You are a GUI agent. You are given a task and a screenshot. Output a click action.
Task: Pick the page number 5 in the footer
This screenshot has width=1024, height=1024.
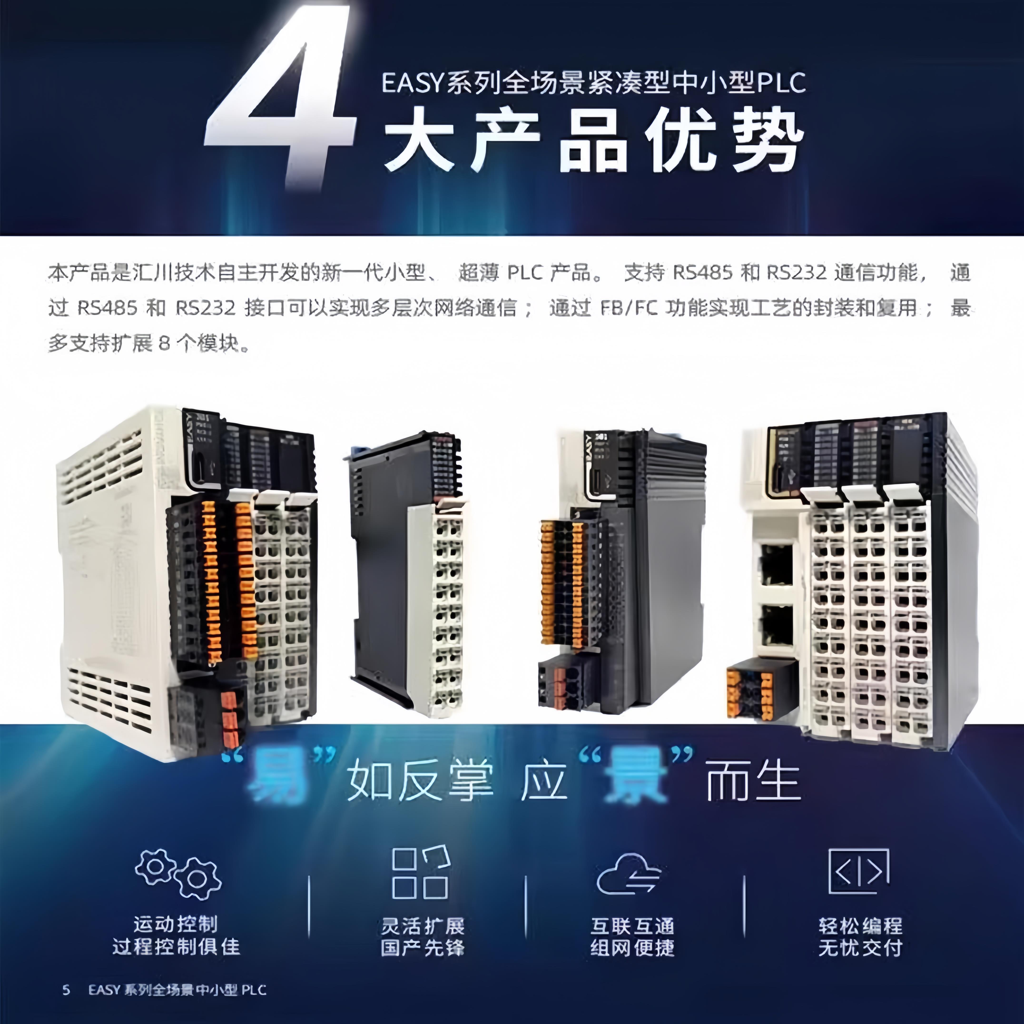[66, 990]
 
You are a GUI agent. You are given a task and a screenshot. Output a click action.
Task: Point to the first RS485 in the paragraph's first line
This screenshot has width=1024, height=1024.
[702, 273]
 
